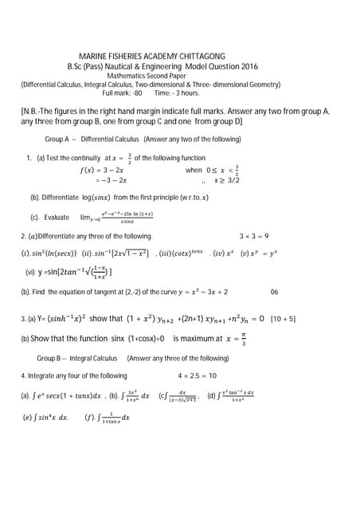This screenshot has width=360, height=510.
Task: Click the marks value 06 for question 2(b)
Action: (275, 292)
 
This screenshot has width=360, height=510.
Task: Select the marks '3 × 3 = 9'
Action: (254, 236)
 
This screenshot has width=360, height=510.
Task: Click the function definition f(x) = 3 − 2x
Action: (102, 171)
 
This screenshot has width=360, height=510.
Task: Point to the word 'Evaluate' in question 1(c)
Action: (57, 217)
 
